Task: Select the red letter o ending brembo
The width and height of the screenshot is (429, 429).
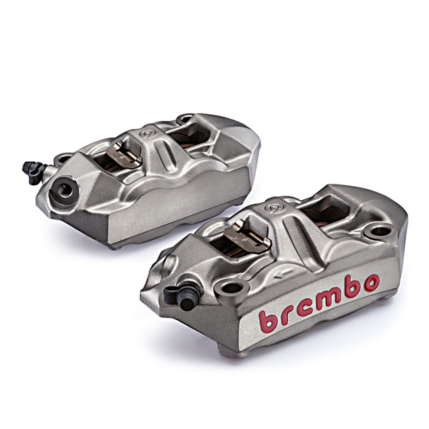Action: coord(371,284)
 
